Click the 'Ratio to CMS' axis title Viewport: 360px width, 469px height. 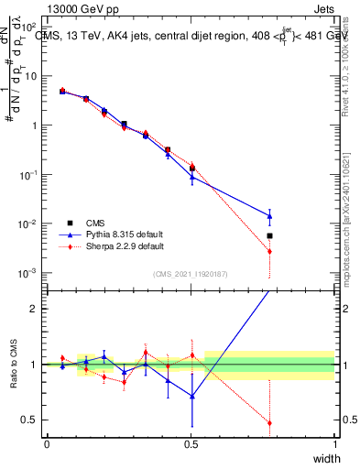13,364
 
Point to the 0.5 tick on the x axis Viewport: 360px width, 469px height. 191,444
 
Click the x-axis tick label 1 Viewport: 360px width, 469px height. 334,444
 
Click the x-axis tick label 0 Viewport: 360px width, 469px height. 47,444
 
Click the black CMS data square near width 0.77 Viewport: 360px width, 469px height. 269,235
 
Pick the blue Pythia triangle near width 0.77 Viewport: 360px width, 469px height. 269,216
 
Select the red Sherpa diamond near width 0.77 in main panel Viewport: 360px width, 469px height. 269,251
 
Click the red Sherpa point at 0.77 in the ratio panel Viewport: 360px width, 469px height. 269,423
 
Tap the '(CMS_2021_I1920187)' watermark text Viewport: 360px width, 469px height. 190,272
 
